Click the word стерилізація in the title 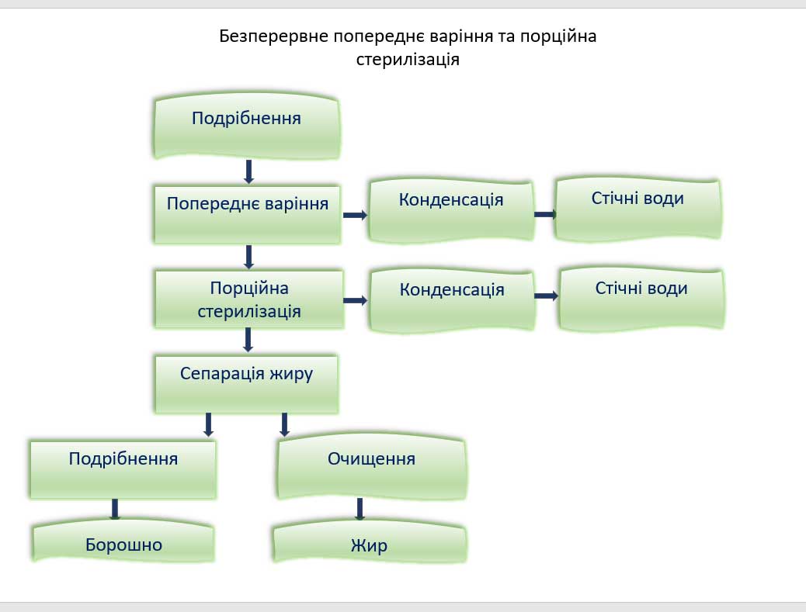[x=408, y=59]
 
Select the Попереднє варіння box [x=248, y=213]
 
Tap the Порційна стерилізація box [x=248, y=299]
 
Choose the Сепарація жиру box [x=246, y=383]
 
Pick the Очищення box [x=372, y=469]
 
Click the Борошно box [x=123, y=543]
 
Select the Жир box [x=369, y=545]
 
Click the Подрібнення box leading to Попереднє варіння [x=247, y=127]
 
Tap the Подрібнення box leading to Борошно [x=123, y=469]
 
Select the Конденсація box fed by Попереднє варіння [x=451, y=209]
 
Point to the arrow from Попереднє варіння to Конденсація [x=355, y=215]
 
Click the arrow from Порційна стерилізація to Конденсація [x=355, y=300]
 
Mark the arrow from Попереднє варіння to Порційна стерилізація [x=248, y=256]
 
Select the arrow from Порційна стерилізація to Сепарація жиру [x=248, y=339]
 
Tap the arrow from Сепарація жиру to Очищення [x=284, y=424]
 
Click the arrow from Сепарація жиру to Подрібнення [x=208, y=424]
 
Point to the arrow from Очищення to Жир [x=360, y=509]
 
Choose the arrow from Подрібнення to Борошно [x=115, y=509]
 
